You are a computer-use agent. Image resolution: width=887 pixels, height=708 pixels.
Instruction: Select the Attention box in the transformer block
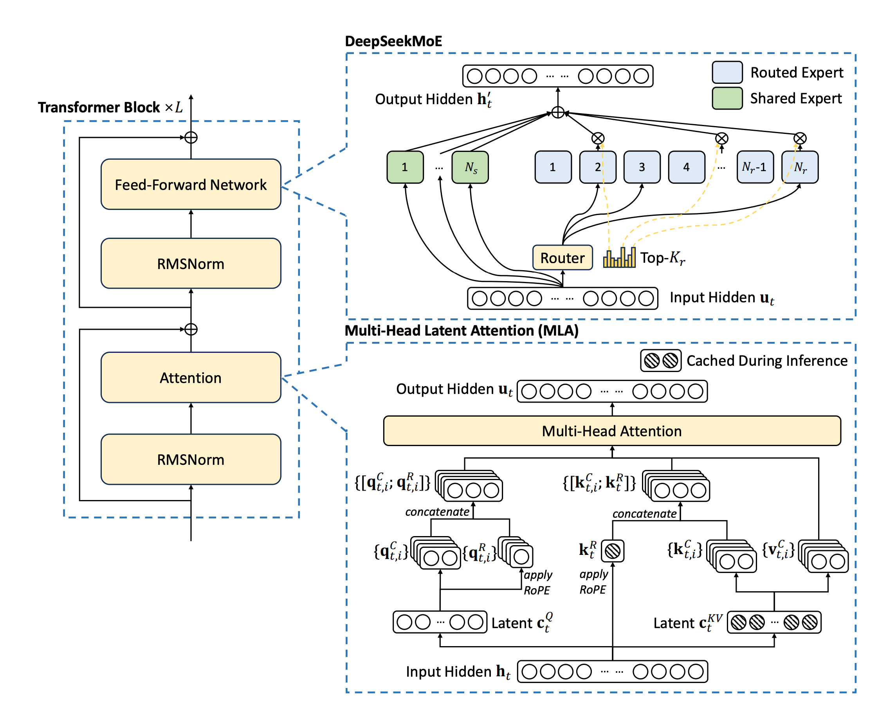pyautogui.click(x=191, y=377)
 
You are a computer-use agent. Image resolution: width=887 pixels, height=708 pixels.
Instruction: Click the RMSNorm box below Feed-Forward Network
pyautogui.click(x=191, y=263)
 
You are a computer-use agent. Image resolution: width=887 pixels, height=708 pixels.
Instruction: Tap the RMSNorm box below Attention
pyautogui.click(x=191, y=459)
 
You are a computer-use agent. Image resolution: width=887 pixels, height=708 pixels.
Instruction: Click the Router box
pyautogui.click(x=562, y=258)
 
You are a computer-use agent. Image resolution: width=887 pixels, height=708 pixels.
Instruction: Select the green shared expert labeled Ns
pyautogui.click(x=470, y=167)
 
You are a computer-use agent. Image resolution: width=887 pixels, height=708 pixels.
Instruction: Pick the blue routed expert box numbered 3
pyautogui.click(x=642, y=167)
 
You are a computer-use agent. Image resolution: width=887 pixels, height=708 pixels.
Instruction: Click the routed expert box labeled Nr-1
pyautogui.click(x=755, y=167)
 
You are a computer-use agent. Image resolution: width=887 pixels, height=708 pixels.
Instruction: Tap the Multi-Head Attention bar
pyautogui.click(x=611, y=431)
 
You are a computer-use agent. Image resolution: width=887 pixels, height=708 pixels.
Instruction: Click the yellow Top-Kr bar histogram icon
pyautogui.click(x=619, y=258)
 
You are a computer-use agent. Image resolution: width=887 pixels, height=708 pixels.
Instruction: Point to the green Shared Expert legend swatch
pyautogui.click(x=727, y=98)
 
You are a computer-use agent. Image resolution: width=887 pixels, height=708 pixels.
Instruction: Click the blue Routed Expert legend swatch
pyautogui.click(x=727, y=72)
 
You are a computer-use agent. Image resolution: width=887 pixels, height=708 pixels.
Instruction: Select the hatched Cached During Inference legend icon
pyautogui.click(x=660, y=361)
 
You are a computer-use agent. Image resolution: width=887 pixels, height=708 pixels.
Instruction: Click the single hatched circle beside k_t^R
pyautogui.click(x=612, y=551)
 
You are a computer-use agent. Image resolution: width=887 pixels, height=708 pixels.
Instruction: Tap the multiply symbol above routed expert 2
pyautogui.click(x=597, y=138)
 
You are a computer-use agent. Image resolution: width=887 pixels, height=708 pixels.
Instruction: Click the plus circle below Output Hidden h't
pyautogui.click(x=557, y=112)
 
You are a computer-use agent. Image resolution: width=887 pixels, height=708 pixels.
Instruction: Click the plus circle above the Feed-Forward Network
pyautogui.click(x=191, y=137)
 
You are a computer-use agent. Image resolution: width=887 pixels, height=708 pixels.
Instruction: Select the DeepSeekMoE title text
pyautogui.click(x=393, y=41)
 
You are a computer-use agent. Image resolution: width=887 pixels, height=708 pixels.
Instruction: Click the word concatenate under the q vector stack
pyautogui.click(x=437, y=512)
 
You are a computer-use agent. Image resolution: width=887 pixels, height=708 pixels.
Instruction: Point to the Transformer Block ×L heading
pyautogui.click(x=110, y=107)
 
